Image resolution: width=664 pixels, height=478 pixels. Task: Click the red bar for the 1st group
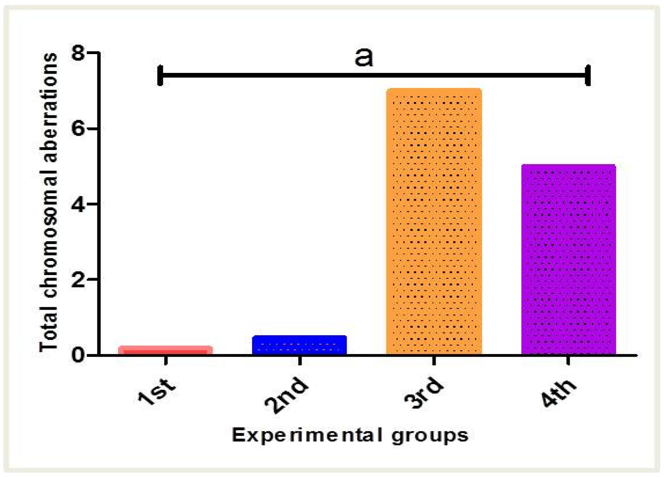coord(166,350)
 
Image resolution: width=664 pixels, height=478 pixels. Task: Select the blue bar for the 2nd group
coord(300,345)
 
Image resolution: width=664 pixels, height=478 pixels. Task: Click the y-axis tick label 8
coord(78,53)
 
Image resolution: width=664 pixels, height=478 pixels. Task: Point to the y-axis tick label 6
coord(78,129)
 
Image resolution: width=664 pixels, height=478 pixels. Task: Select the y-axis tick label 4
coord(78,204)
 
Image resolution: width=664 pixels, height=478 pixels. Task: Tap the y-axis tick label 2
coord(78,280)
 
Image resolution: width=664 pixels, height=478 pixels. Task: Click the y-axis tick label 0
coord(78,355)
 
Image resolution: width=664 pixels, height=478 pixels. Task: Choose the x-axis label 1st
coord(157,391)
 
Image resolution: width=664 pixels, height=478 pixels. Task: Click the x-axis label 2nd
coord(287,395)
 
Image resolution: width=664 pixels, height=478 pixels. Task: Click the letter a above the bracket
coord(364,58)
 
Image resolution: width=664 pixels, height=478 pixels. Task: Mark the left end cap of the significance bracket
coord(160,75)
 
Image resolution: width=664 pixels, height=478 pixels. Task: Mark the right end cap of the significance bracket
coord(588,75)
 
